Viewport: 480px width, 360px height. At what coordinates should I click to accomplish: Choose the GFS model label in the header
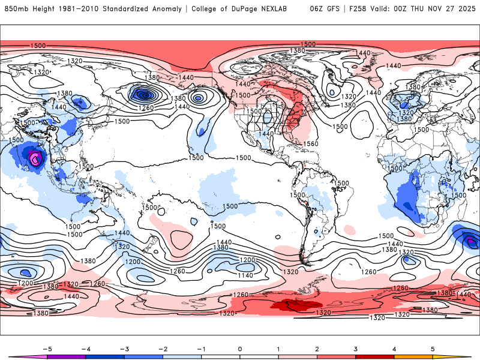[x=332, y=9]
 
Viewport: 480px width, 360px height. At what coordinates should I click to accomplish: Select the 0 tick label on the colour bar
[x=239, y=349]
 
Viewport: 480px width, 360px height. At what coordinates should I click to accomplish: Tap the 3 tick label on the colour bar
[x=355, y=349]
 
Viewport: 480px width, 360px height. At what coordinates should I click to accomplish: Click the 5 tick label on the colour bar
[x=432, y=349]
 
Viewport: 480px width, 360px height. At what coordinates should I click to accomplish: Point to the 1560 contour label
[x=311, y=144]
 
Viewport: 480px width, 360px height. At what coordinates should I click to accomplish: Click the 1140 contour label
[x=244, y=275]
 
